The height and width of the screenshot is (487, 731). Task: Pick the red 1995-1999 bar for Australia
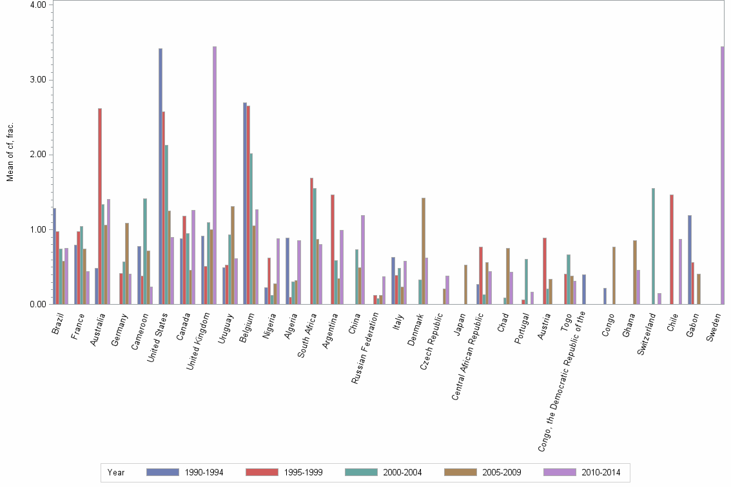pos(100,206)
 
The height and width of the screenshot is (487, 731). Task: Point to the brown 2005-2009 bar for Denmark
pos(424,251)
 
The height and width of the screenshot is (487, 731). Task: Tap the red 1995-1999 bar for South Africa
pos(311,241)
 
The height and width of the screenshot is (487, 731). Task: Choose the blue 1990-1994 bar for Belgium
pos(245,203)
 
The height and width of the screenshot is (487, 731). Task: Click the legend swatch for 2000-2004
pos(362,472)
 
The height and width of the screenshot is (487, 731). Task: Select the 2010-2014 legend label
pos(600,473)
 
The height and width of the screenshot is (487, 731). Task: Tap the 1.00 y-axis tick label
pos(37,230)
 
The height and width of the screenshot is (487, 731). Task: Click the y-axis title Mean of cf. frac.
pos(10,151)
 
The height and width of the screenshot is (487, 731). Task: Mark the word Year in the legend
pos(116,473)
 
